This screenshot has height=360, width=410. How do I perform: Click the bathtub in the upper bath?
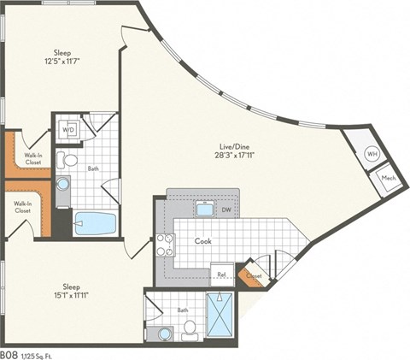pos(94,223)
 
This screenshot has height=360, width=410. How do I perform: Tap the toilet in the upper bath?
pos(68,160)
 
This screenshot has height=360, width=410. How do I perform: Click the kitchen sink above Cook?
pos(204,209)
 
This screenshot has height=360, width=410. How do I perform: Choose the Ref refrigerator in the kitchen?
pos(220,274)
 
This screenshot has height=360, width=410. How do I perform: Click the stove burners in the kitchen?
pos(164,245)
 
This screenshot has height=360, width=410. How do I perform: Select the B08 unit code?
pos(10,353)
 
